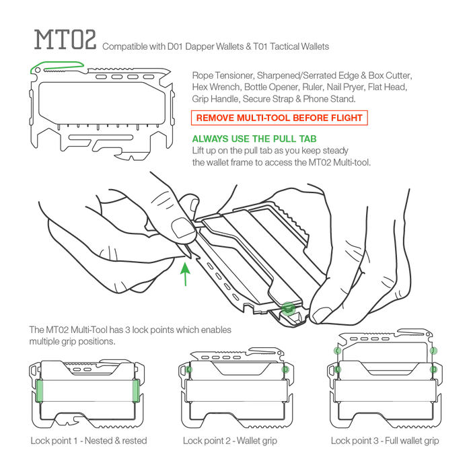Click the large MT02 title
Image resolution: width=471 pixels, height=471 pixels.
tap(65, 39)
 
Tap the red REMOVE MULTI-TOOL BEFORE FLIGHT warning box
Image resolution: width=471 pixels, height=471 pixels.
tap(279, 118)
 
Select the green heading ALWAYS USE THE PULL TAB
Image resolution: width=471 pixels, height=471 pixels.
tap(254, 139)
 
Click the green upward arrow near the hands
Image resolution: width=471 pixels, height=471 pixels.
tap(185, 274)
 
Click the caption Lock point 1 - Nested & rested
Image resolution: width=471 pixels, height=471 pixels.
tap(89, 441)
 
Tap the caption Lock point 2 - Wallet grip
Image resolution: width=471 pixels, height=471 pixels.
tap(230, 441)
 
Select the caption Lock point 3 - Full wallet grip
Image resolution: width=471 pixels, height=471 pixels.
tap(385, 441)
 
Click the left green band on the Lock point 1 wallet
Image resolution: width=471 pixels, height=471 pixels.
tap(39, 390)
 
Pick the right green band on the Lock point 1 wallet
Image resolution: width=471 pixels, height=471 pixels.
tap(136, 390)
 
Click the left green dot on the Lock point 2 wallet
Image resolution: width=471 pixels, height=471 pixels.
tap(188, 369)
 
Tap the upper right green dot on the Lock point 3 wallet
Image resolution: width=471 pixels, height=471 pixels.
tap(433, 351)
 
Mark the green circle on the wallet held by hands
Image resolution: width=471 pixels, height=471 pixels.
tap(288, 308)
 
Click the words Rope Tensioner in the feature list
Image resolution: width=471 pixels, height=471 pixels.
tap(222, 75)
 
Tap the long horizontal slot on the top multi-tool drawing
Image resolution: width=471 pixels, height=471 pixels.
tap(101, 137)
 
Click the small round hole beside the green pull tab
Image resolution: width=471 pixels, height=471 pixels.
tap(38, 71)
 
